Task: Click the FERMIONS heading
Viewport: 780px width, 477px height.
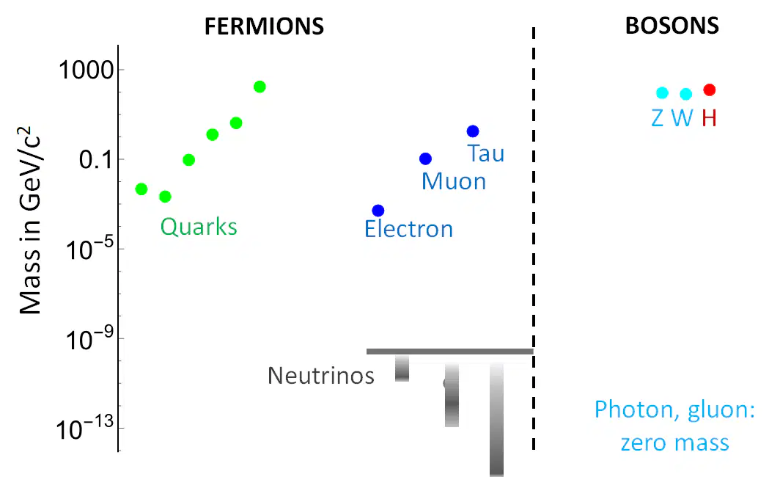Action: tap(264, 26)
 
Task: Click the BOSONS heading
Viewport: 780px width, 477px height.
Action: tap(672, 26)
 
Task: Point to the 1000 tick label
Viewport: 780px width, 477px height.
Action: tap(87, 70)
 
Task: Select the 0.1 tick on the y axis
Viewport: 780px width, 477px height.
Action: tap(96, 160)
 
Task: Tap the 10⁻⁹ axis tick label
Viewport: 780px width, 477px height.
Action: tap(89, 339)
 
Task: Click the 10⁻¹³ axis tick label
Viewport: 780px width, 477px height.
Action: tap(84, 429)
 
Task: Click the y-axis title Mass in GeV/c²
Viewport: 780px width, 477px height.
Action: tap(29, 221)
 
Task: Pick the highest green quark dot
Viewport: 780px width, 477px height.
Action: tap(260, 87)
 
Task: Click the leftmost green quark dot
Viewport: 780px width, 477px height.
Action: tap(141, 189)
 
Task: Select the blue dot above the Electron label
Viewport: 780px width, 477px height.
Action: tap(378, 210)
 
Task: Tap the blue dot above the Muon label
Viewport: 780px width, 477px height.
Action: tap(425, 159)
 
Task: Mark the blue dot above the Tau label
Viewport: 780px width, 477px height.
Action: tap(473, 131)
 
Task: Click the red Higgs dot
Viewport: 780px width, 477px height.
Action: tap(710, 90)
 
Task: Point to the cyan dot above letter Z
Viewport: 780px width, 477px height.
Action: tap(662, 92)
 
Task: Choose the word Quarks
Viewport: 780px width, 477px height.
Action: tap(199, 227)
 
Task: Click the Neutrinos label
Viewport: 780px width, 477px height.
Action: tap(321, 376)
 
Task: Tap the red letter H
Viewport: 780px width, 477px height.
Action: tap(709, 118)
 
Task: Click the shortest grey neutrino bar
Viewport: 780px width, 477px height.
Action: tap(402, 368)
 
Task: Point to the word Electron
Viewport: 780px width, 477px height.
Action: tap(408, 229)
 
